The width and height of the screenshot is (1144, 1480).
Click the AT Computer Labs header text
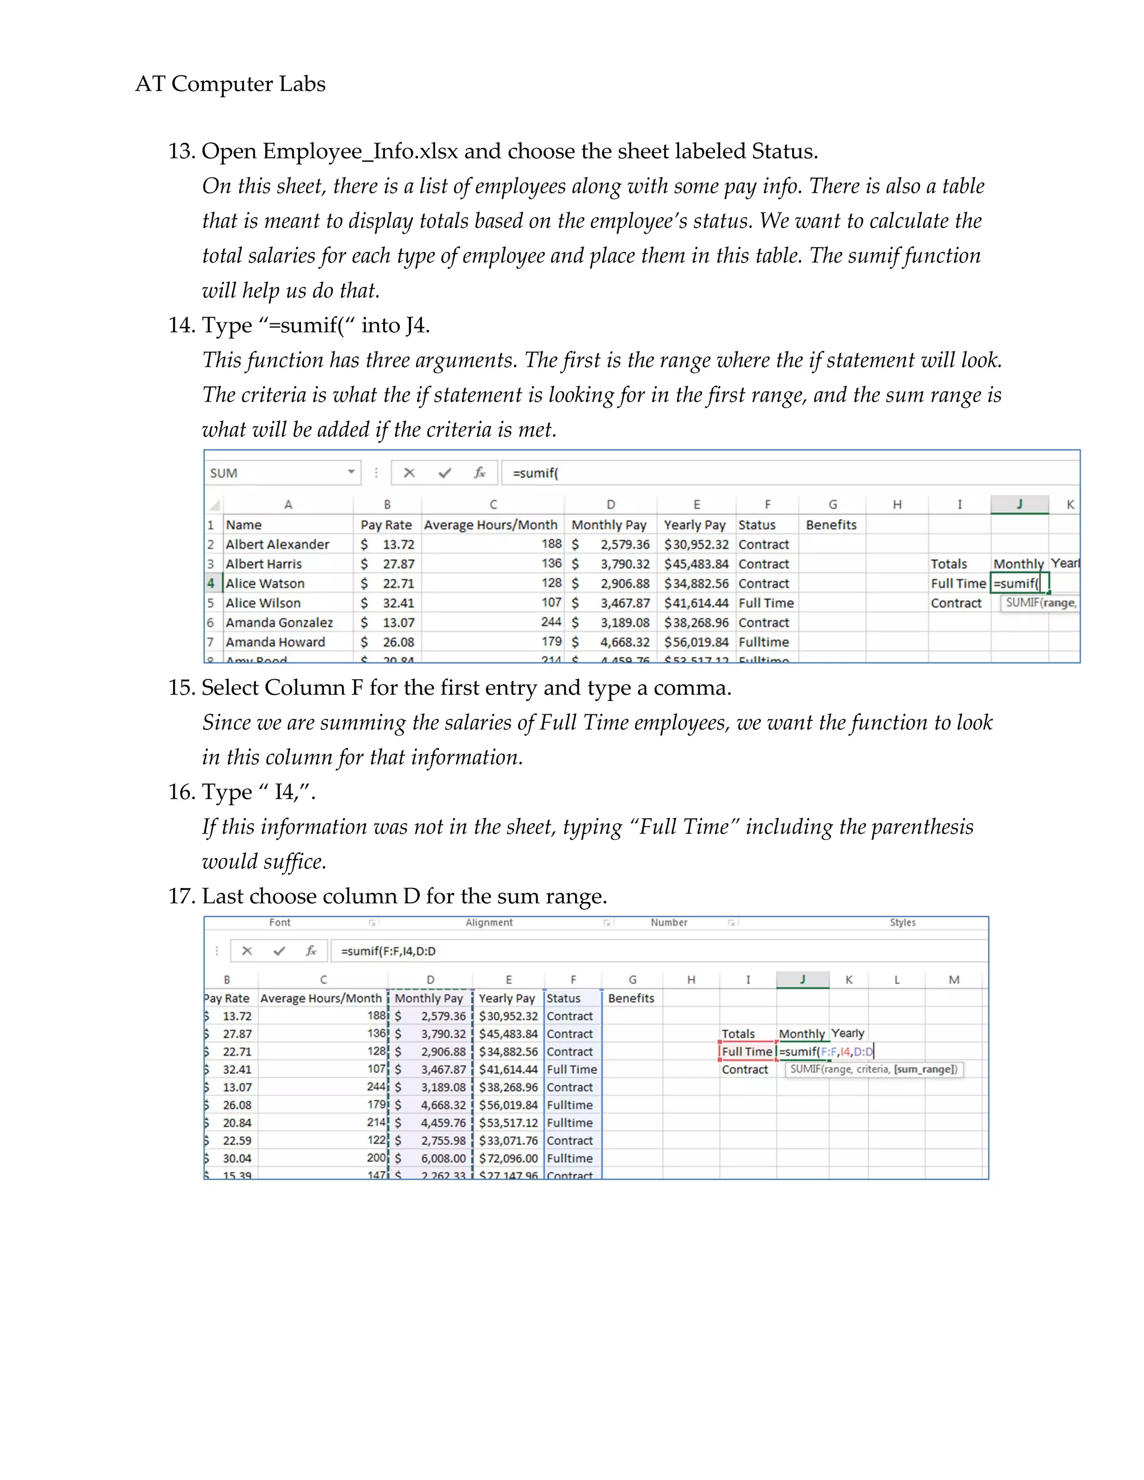[231, 84]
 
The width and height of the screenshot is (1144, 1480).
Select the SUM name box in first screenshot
[282, 473]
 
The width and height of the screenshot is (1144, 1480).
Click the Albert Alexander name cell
[277, 544]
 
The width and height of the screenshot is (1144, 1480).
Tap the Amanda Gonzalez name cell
[279, 622]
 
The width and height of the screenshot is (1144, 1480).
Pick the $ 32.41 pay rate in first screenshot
[388, 603]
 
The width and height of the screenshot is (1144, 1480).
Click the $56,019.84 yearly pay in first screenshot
[696, 642]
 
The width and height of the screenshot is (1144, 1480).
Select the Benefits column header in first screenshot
[831, 524]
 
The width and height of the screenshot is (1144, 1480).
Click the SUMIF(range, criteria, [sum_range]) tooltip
[873, 1070]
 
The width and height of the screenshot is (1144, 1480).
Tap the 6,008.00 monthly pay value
[443, 1158]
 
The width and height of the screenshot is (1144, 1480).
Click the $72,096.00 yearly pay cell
[508, 1158]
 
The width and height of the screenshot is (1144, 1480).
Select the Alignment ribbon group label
[489, 922]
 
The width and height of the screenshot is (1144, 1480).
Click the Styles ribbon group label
[902, 922]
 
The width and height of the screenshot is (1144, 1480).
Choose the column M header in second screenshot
[954, 979]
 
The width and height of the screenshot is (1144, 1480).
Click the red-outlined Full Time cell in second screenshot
[747, 1052]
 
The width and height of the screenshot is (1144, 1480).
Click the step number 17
[182, 896]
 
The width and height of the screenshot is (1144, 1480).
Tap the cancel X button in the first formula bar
[409, 473]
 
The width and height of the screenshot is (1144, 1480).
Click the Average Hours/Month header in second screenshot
[321, 998]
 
